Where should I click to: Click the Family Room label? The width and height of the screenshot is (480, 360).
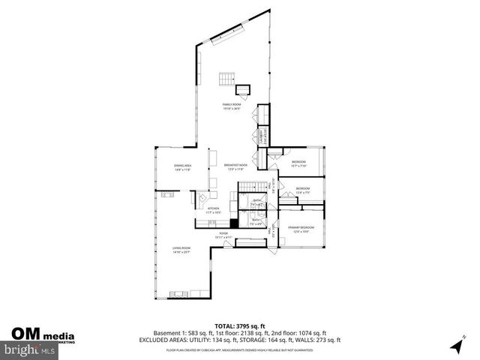click(231, 106)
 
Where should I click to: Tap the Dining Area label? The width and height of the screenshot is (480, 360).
click(183, 168)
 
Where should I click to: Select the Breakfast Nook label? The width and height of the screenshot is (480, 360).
click(235, 166)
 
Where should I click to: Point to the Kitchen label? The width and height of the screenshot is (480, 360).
click(213, 210)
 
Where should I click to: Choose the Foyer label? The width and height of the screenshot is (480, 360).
click(223, 235)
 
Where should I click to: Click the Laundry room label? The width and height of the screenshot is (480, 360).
click(261, 136)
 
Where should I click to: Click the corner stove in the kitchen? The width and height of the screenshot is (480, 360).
click(202, 199)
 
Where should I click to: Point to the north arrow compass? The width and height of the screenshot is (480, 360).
click(455, 345)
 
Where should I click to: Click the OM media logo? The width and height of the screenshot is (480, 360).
click(43, 334)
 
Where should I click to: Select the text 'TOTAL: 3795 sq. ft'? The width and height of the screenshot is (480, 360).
click(240, 325)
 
